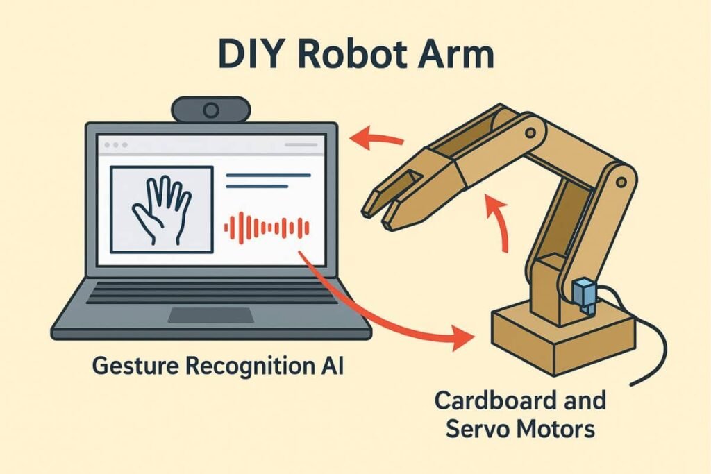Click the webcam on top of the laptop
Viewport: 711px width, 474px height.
[210, 109]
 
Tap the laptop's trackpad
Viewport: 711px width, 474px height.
[211, 315]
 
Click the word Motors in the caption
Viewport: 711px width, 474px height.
[561, 429]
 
